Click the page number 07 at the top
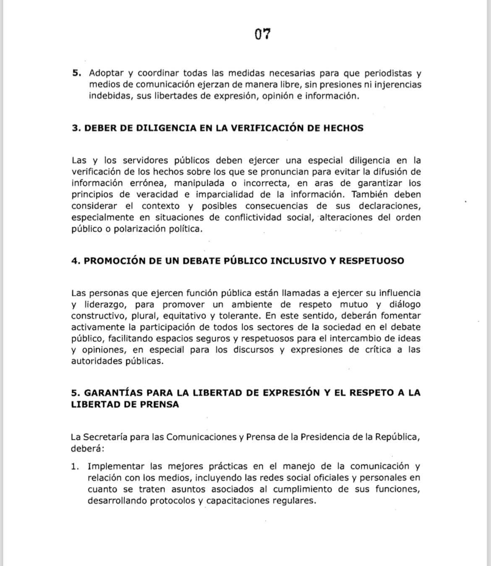point(262,34)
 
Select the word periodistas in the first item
point(388,73)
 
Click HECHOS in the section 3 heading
point(343,128)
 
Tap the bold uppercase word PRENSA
point(161,404)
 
